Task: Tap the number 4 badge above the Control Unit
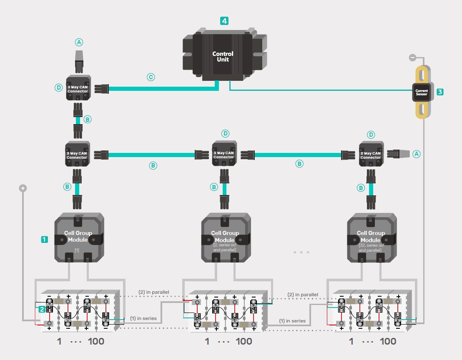[224, 21]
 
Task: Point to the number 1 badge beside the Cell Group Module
[44, 239]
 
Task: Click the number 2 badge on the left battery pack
[42, 309]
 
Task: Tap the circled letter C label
[151, 77]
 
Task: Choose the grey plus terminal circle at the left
[23, 188]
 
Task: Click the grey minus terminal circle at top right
[412, 57]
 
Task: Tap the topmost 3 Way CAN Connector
[78, 88]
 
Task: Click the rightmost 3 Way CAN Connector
[371, 154]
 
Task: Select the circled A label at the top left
[79, 42]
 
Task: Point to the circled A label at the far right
[416, 154]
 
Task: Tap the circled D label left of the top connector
[58, 87]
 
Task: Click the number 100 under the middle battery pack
[244, 342]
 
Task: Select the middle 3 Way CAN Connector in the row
[224, 154]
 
